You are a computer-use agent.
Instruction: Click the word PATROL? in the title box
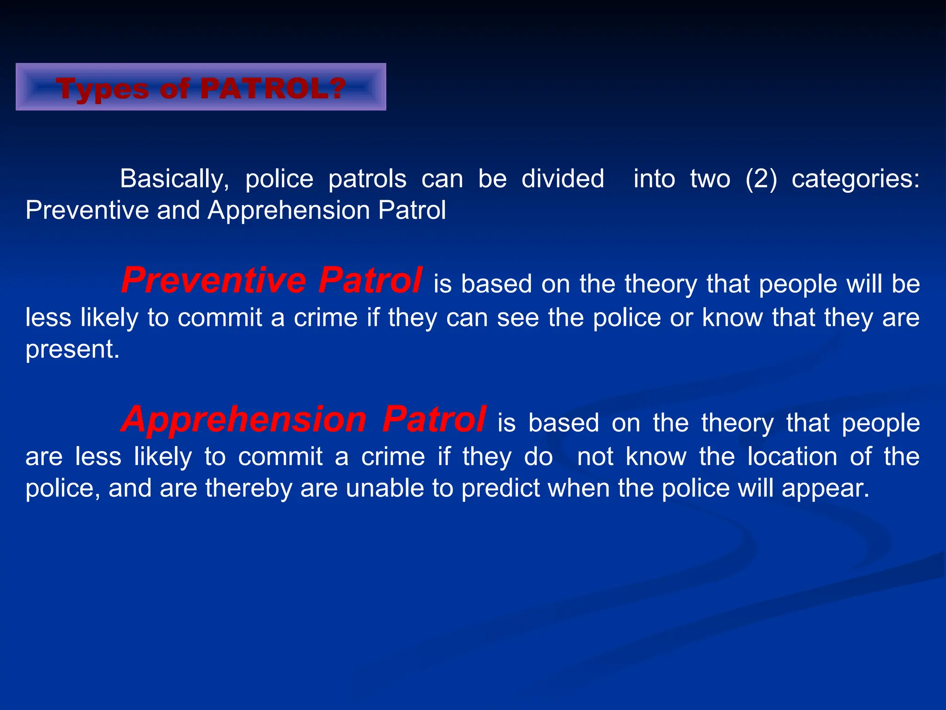(x=273, y=88)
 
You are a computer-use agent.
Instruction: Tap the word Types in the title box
(x=102, y=89)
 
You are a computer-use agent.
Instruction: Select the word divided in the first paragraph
(x=563, y=179)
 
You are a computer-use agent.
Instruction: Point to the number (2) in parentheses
(x=761, y=179)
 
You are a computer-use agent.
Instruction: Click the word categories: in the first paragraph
(x=855, y=179)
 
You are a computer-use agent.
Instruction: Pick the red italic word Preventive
(x=213, y=281)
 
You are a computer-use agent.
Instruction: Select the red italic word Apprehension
(x=244, y=420)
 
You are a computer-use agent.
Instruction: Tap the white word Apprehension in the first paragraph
(x=289, y=211)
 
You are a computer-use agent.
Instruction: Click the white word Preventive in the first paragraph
(x=87, y=211)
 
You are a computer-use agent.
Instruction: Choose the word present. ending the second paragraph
(x=73, y=349)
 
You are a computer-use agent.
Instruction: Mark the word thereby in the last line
(x=249, y=488)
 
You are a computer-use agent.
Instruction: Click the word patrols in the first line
(x=367, y=179)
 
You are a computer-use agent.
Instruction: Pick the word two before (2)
(x=710, y=179)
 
